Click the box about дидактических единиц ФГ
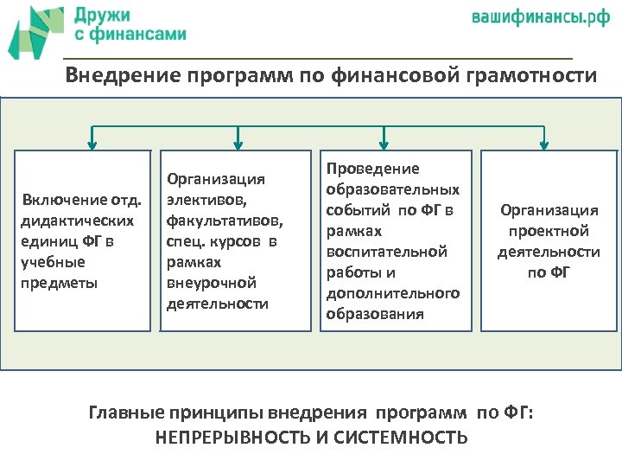tap(82, 240)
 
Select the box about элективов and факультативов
tap(235, 240)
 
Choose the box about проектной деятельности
tap(549, 240)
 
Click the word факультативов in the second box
tap(224, 221)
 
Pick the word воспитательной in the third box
tap(387, 252)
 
